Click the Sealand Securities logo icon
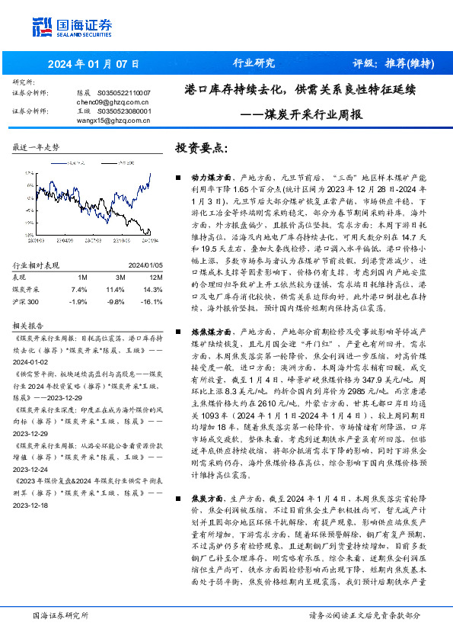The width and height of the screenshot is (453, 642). (x=43, y=27)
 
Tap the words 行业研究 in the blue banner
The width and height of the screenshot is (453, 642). (x=254, y=63)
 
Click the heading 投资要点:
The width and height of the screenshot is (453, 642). (x=201, y=147)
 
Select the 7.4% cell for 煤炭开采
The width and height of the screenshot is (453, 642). (x=79, y=290)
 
